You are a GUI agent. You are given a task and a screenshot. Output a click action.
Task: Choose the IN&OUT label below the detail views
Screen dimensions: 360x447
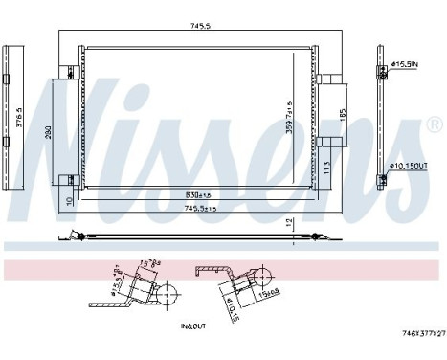click(x=193, y=326)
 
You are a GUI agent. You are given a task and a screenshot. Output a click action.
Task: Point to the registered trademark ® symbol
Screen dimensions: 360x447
click(x=433, y=124)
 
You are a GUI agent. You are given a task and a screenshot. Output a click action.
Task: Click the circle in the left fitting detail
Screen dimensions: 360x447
click(x=165, y=292)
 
